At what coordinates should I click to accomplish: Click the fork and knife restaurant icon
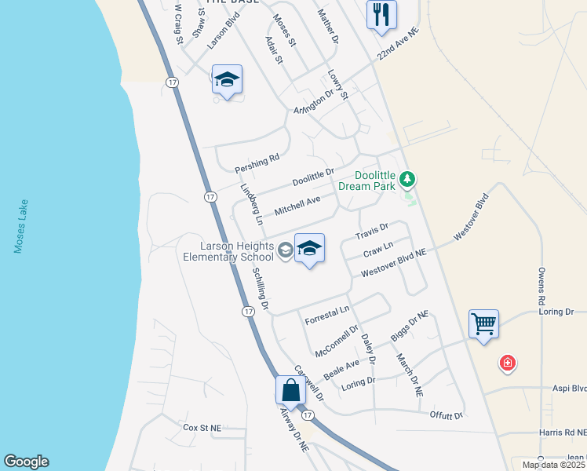coord(381,14)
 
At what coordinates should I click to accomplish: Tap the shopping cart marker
coord(483,323)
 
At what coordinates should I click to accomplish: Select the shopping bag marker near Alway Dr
coord(290,389)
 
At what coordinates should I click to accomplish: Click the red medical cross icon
coord(508,363)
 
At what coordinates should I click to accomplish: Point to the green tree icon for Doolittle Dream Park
coord(407,180)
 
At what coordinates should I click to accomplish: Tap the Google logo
coord(26,462)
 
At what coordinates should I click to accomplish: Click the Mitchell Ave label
coord(297,206)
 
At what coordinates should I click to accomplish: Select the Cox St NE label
coord(202,428)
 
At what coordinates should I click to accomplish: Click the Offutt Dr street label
coord(447,414)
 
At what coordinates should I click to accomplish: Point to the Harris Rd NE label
coord(564,433)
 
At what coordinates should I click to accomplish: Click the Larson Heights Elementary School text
coord(228,251)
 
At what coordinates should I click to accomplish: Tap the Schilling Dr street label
coord(261,287)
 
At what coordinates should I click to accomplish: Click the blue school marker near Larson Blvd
coord(227,79)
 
